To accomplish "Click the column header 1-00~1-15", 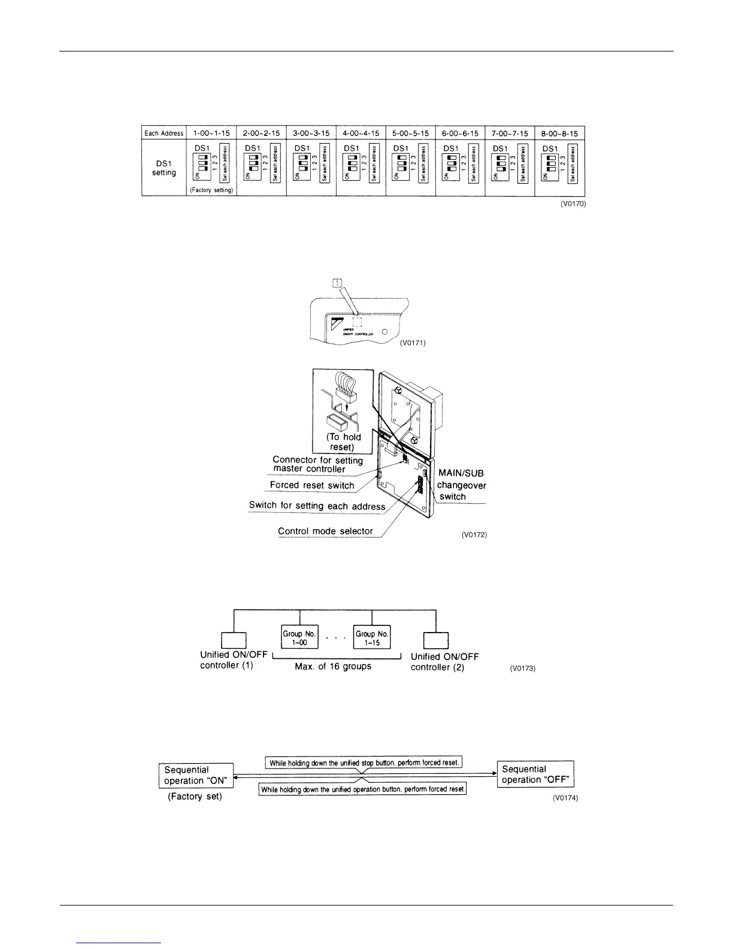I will click(212, 133).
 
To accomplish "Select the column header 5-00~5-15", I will click(411, 133).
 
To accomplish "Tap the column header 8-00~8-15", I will click(560, 133).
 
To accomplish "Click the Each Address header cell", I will click(164, 133).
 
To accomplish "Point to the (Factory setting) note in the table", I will click(212, 190).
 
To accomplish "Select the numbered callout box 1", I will click(337, 283).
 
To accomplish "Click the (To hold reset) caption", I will click(343, 442).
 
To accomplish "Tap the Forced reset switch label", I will click(312, 485).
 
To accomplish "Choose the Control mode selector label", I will click(325, 531).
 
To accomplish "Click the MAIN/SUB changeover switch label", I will click(461, 484).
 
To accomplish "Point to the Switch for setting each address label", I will click(317, 506).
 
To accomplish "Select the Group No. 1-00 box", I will click(300, 637).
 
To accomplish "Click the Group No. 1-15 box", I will click(372, 637).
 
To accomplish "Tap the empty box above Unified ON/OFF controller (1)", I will click(234, 640).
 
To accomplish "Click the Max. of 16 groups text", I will click(333, 666).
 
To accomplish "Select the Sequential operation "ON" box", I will click(196, 775).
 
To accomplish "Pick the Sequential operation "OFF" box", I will click(535, 774).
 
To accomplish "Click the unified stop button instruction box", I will click(364, 763).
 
